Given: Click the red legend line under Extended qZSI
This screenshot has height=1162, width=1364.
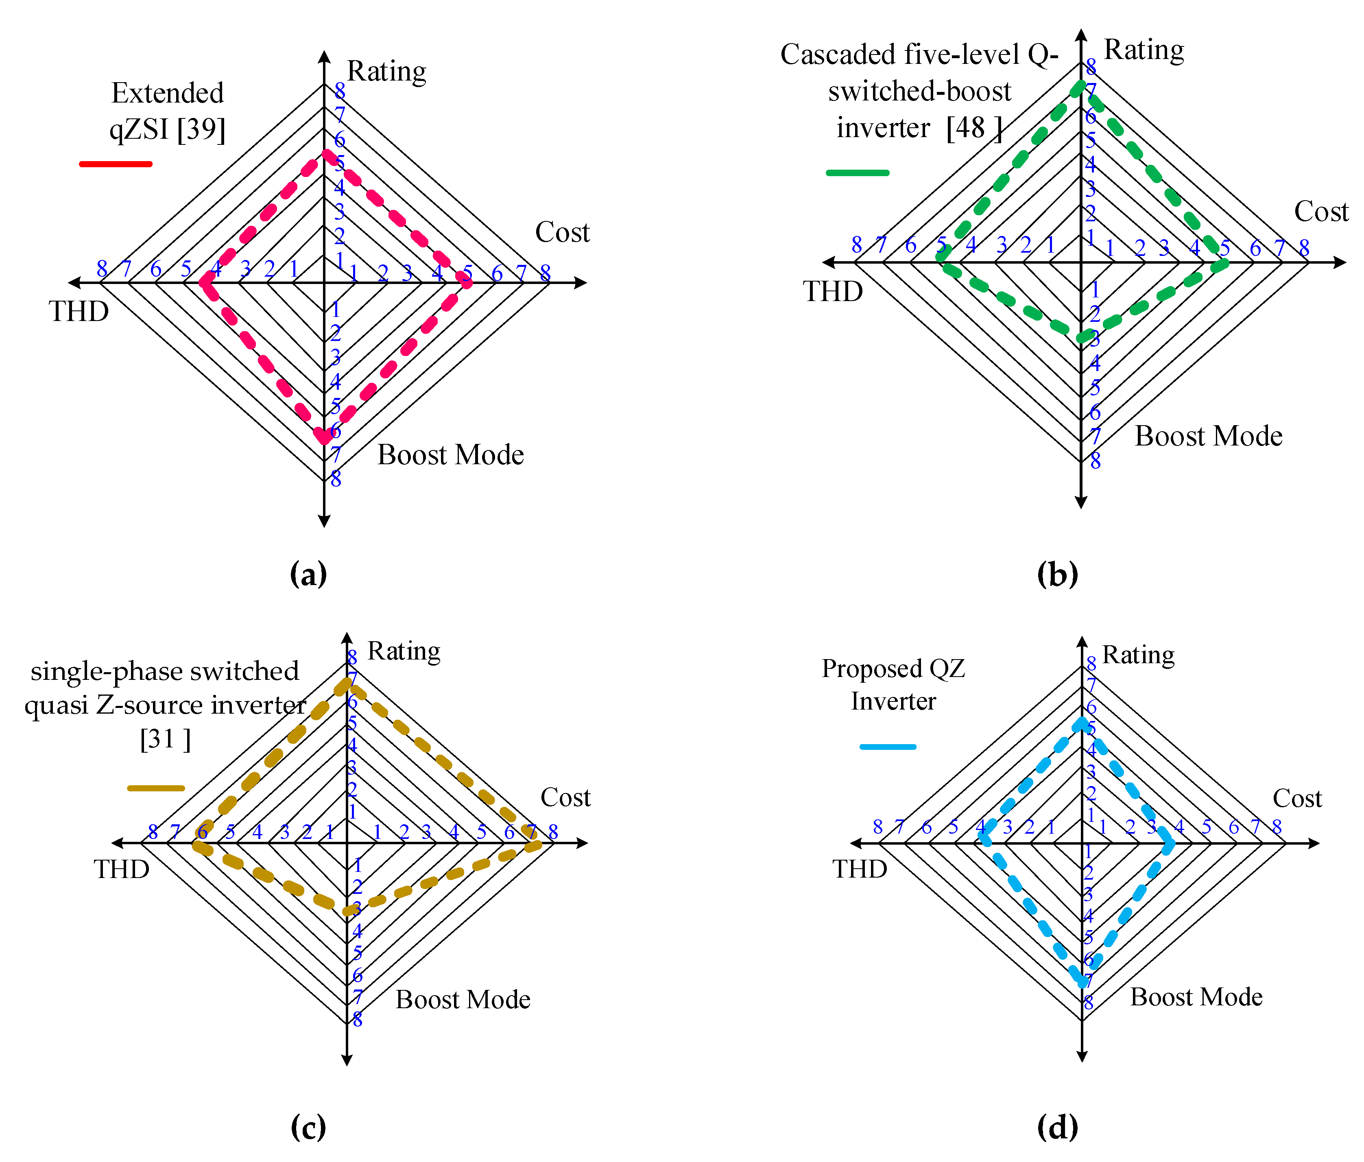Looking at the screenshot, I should (116, 163).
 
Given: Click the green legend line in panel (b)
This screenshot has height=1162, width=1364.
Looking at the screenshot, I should (857, 173).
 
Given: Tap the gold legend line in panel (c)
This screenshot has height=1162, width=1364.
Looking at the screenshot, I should (156, 788).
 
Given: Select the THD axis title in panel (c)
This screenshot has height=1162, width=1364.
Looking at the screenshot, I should (121, 869).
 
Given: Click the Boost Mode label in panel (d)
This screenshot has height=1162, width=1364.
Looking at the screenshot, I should (1196, 997).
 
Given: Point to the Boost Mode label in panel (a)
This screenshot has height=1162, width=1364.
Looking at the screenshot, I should (450, 455).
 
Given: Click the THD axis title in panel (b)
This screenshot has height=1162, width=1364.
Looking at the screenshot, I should (833, 291).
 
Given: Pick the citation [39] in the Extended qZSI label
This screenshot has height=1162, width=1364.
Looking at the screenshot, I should (201, 129).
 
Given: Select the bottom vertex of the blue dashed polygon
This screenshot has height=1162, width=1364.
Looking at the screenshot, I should (1082, 982).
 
